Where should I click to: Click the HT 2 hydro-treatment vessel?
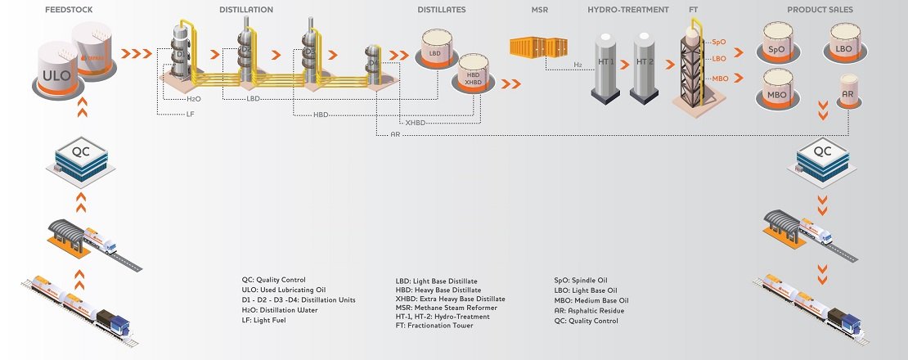[645, 65]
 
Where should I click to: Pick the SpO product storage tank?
[776, 45]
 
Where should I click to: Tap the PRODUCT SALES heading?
[820, 10]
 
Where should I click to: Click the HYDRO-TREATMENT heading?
[627, 10]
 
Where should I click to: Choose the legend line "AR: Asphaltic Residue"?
[589, 311]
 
